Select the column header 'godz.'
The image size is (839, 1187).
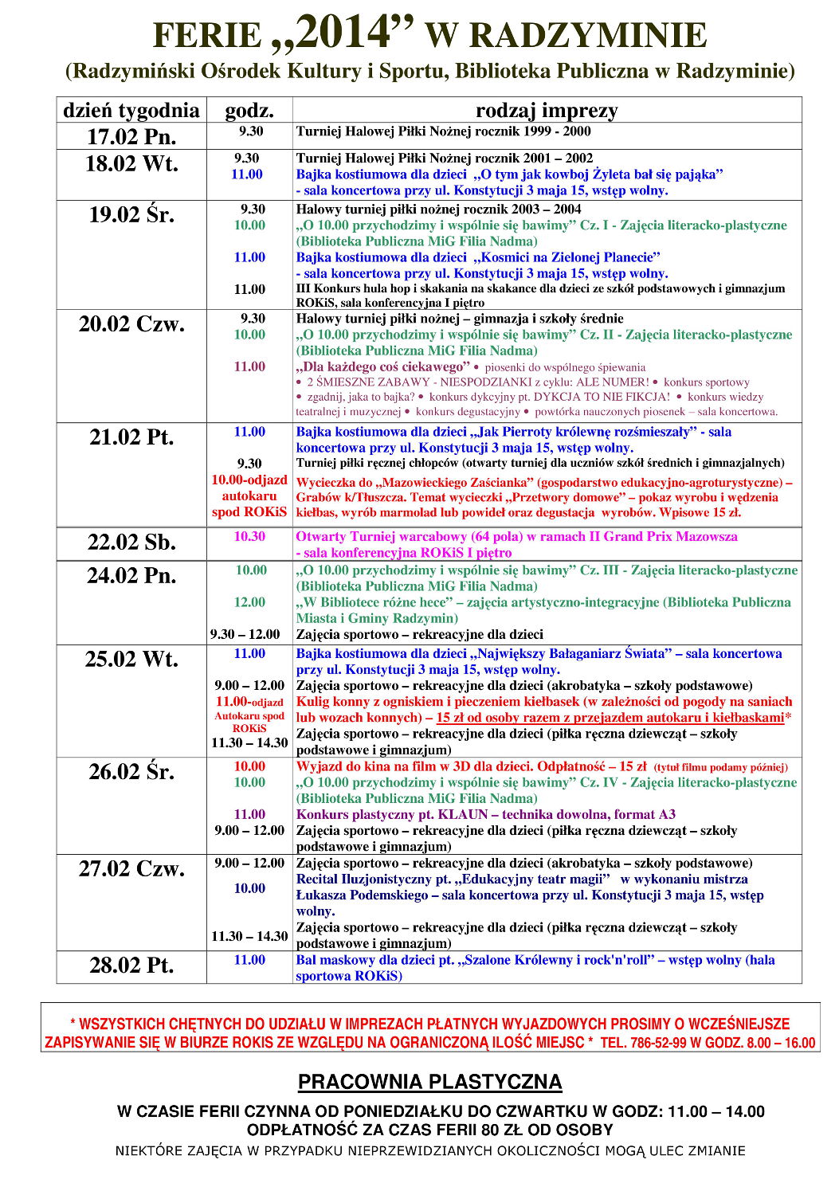tap(249, 110)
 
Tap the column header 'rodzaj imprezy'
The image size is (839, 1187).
tap(547, 110)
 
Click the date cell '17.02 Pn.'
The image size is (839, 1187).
tap(131, 136)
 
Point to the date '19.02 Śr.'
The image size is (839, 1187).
tap(131, 214)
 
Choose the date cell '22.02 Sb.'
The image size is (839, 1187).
tap(131, 542)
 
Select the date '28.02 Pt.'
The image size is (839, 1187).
tap(131, 965)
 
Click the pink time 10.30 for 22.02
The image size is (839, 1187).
tap(249, 537)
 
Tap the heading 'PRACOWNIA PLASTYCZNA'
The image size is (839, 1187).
tap(430, 1082)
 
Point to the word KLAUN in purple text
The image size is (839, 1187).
tap(463, 814)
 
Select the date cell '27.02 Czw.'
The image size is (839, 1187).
tap(131, 868)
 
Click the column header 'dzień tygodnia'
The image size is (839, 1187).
tap(131, 110)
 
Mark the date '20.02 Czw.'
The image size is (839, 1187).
tap(131, 324)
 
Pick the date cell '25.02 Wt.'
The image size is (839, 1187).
tap(131, 659)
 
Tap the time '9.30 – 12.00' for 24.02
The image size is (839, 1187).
tap(245, 634)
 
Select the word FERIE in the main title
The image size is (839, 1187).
tap(206, 36)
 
